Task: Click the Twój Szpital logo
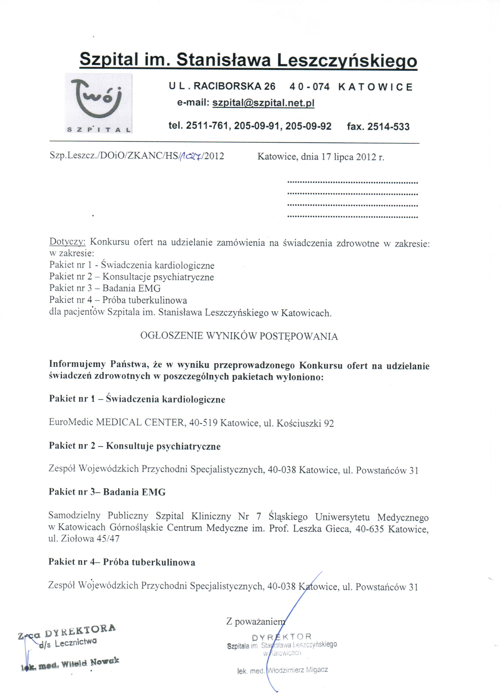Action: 98,103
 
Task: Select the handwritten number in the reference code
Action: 191,156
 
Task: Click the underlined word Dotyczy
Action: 68,242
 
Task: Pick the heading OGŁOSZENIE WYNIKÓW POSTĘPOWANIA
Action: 239,336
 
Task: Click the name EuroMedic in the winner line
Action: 71,423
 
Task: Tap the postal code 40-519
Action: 203,423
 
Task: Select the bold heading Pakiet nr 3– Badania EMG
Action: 107,492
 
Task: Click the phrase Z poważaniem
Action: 255,622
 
